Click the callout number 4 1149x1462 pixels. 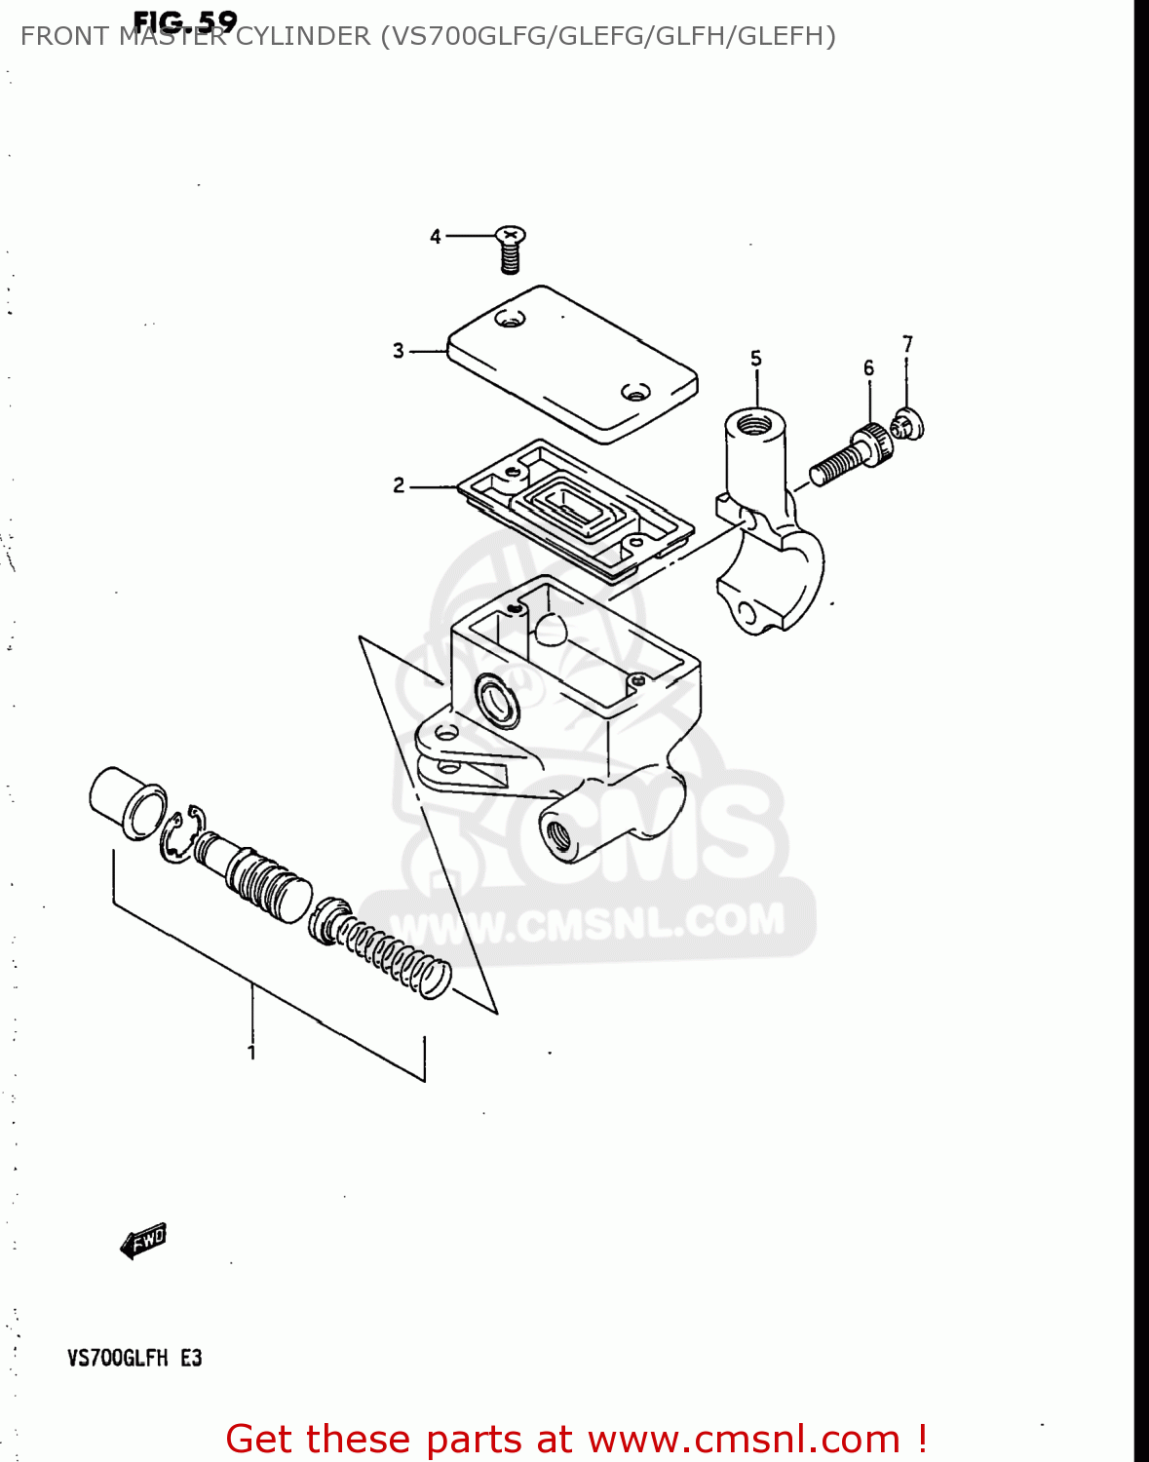(x=436, y=236)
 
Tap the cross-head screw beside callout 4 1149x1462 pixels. (x=510, y=248)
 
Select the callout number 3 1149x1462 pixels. (x=398, y=350)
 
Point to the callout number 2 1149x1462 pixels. (x=398, y=484)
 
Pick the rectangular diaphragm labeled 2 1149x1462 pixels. (x=576, y=509)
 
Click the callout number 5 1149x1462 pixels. (x=756, y=359)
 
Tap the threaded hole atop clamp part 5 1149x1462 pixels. (x=755, y=424)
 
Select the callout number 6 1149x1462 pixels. (x=868, y=367)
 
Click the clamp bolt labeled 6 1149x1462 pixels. (x=851, y=455)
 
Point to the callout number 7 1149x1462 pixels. (x=907, y=344)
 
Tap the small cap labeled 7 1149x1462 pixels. (x=908, y=424)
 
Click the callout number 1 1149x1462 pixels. (x=251, y=1052)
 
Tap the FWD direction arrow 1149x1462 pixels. (x=143, y=1241)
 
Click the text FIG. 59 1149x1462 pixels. (x=184, y=21)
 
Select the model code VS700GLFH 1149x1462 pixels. (x=117, y=1358)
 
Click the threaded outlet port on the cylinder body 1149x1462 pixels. (x=559, y=834)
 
